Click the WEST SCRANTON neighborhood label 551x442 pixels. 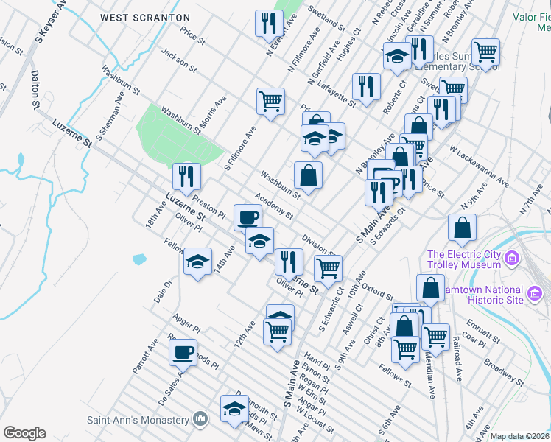tap(145, 17)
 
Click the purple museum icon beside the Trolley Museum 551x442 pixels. tap(513, 259)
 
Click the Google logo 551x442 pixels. tap(24, 433)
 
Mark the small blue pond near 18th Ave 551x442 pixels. tap(139, 259)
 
